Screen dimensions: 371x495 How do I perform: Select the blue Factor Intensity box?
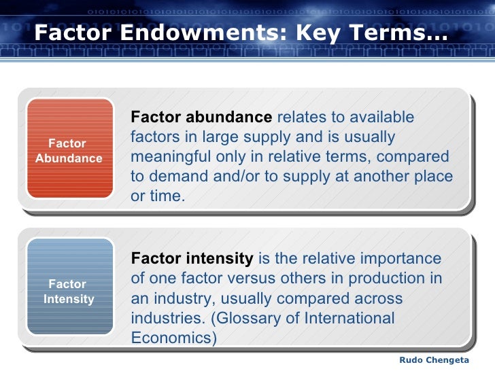[68, 291]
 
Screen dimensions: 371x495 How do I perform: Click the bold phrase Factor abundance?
[201, 118]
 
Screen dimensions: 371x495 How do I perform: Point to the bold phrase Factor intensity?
[192, 259]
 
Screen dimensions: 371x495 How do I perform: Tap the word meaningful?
[174, 157]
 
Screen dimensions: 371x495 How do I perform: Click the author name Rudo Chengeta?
[433, 359]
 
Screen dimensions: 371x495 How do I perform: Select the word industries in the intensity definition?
[164, 318]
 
